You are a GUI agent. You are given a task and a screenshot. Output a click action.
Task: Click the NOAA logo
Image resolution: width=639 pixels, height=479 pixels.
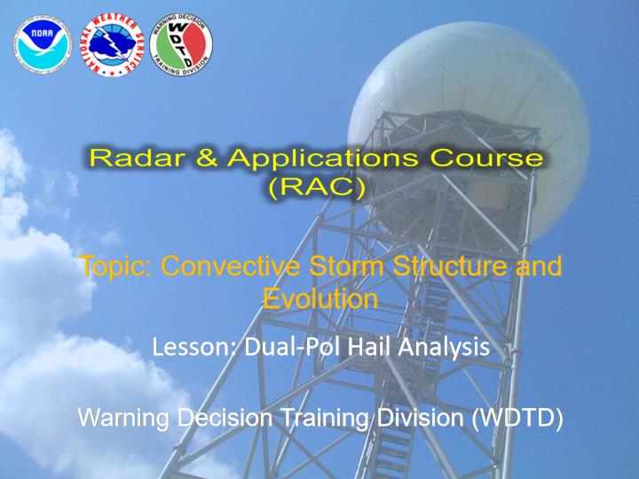pos(43,44)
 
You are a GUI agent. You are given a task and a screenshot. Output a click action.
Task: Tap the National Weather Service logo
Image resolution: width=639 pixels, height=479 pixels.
pos(112,44)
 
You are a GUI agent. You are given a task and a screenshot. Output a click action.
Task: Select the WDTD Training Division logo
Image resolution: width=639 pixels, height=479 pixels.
pos(181,44)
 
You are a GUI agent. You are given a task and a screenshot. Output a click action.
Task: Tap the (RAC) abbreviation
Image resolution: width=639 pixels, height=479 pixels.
pos(317,188)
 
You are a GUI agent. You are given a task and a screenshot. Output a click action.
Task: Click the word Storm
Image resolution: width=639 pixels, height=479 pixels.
pos(346,265)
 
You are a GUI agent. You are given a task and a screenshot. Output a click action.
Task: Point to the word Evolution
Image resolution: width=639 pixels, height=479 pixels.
pos(320,299)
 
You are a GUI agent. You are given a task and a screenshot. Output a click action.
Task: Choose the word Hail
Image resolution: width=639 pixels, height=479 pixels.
pos(370,347)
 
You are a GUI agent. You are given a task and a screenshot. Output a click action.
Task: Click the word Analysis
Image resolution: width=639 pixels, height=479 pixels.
pos(444,349)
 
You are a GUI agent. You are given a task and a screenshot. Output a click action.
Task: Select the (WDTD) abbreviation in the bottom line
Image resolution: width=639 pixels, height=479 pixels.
pos(517,419)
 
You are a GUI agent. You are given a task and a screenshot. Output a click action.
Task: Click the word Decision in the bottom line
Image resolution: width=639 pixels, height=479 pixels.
pos(225,419)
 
